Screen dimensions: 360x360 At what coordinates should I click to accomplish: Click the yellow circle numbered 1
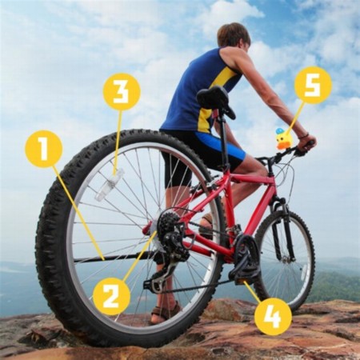(44, 149)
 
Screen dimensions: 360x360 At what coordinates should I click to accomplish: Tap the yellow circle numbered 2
(111, 296)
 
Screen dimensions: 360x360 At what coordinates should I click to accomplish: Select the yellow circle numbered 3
(122, 91)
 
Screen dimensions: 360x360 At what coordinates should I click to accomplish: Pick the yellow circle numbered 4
(273, 317)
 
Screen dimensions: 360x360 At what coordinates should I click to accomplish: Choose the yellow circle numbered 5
(313, 85)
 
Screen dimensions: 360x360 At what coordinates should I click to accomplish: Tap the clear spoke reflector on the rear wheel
(110, 185)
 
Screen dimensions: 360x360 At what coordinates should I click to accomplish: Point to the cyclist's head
(234, 37)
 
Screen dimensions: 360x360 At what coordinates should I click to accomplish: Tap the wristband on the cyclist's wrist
(303, 136)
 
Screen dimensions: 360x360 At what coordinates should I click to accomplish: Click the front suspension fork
(283, 230)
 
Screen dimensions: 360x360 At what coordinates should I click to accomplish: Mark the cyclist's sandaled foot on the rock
(166, 312)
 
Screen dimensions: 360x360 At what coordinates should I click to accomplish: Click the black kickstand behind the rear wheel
(114, 258)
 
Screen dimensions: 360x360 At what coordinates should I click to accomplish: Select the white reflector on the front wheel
(305, 277)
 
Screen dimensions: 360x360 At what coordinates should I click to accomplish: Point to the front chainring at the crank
(246, 256)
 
